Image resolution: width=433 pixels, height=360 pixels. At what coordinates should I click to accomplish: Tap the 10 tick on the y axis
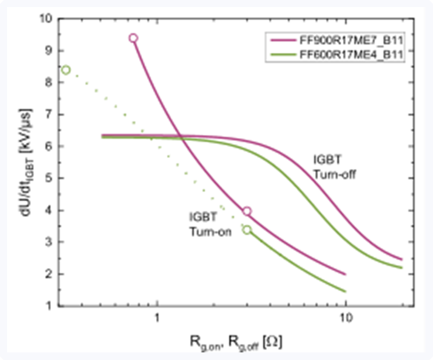(45, 19)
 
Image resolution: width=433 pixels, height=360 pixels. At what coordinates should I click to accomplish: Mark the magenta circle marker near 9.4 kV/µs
(133, 38)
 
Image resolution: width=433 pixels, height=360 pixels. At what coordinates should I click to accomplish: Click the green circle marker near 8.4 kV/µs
(66, 70)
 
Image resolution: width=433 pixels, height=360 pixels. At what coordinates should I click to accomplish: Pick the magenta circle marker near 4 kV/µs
(247, 211)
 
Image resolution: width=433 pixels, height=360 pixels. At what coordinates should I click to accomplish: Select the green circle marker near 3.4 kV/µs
(247, 229)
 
